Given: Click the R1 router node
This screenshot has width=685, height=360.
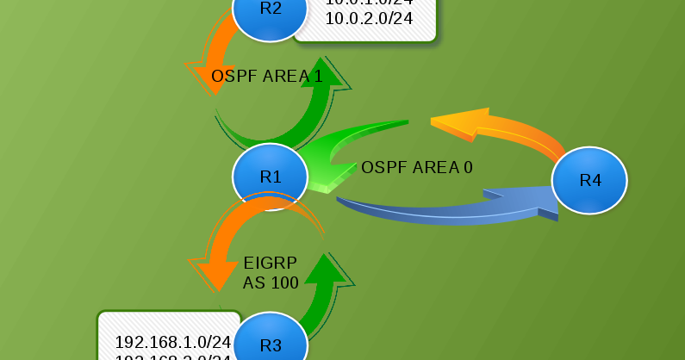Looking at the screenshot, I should pos(271,177).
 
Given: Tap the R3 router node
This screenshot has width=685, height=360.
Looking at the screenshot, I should pos(271,344).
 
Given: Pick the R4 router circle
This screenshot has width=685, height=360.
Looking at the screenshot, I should pos(589,180).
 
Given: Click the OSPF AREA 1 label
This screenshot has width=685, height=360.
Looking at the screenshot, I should pos(267,77).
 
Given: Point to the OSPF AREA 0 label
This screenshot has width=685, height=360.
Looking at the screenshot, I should pos(417,167).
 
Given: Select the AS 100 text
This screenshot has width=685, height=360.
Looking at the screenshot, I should pos(271,282).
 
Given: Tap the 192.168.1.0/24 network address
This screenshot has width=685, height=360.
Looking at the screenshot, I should pos(173,341).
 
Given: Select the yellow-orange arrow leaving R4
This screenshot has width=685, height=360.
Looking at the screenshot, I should pos(500,129).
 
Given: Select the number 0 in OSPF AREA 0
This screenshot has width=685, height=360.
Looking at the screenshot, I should pos(468,167).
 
